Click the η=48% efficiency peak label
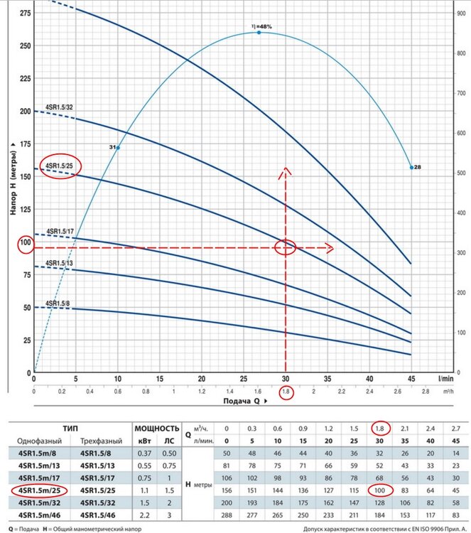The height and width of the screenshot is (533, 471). coord(261,26)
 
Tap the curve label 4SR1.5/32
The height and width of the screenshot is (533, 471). coord(59,107)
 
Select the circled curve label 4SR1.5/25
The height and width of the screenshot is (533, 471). coord(60,166)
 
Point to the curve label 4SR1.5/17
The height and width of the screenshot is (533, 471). coord(60,231)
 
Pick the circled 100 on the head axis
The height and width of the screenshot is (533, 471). coord(25,242)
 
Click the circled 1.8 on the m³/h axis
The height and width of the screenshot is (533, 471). coord(286,392)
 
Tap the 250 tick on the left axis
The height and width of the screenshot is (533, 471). coord(25,46)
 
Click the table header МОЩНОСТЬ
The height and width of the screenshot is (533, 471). coord(156,429)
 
